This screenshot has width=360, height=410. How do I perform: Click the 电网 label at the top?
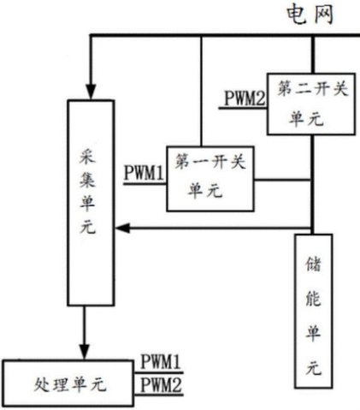click(310, 15)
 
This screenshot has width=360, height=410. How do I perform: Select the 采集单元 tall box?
click(91, 203)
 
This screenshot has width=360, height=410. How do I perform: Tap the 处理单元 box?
click(68, 383)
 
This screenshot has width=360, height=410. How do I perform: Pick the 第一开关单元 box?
click(210, 179)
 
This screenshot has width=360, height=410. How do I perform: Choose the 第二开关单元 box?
click(311, 104)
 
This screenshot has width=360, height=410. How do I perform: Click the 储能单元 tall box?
click(314, 312)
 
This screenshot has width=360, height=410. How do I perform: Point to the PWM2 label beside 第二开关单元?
click(245, 98)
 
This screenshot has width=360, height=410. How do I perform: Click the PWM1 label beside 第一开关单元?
click(145, 173)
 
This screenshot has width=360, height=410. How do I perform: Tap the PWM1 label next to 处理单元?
click(161, 361)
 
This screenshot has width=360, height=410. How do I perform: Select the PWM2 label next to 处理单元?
click(161, 384)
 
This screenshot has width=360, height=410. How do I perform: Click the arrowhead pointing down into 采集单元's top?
click(91, 92)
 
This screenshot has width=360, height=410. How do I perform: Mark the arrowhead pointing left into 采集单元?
click(123, 228)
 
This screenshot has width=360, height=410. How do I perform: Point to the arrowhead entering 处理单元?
click(84, 352)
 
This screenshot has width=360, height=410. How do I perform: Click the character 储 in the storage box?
click(313, 264)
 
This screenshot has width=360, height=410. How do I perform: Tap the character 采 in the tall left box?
click(87, 155)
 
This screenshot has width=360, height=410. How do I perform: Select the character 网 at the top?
click(323, 15)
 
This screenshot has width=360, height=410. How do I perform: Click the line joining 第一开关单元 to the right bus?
click(282, 180)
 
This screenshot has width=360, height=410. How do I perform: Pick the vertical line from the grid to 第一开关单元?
click(201, 92)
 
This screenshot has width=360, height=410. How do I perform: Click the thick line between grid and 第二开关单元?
click(313, 55)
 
